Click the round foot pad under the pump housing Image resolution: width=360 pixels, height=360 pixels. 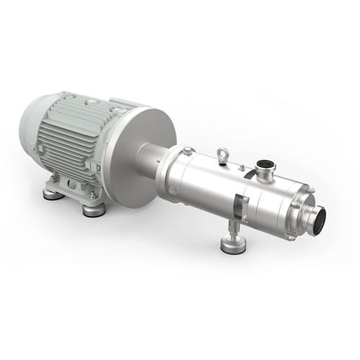point(233,245)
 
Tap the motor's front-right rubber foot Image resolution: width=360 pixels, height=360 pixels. point(93,210)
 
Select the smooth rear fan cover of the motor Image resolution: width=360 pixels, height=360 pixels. point(32,130)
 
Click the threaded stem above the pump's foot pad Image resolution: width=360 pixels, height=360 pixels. point(233,229)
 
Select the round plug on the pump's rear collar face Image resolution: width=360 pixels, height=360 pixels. point(173,189)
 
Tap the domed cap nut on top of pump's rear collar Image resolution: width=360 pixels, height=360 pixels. point(188,151)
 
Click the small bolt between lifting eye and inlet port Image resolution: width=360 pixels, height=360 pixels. point(242,167)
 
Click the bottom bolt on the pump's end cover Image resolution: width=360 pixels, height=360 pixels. point(292,236)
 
